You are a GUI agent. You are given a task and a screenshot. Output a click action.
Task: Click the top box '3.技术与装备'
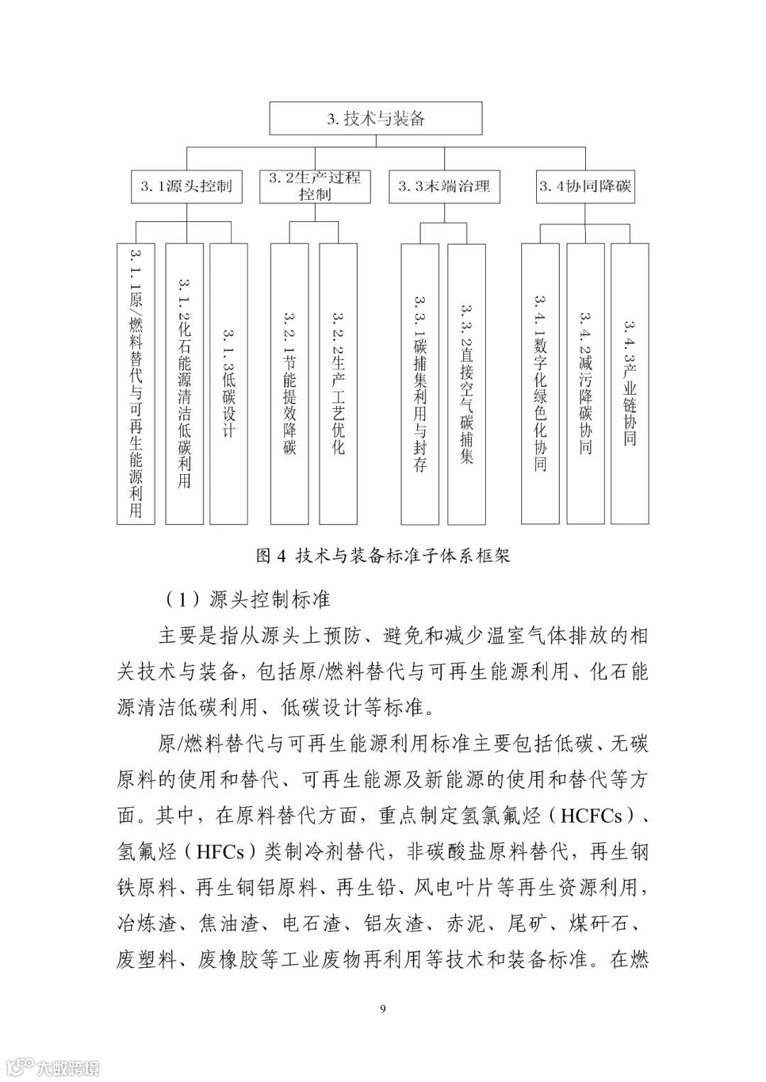tap(376, 118)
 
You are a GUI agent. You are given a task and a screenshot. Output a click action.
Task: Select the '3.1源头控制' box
tap(186, 187)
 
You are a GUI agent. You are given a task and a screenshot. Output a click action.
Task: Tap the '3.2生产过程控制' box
tap(315, 186)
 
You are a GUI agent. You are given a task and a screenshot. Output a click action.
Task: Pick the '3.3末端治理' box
tap(444, 187)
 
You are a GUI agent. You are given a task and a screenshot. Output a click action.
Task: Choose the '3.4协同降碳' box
tap(585, 187)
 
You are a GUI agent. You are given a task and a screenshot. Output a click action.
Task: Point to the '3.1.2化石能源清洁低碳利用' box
tap(184, 383)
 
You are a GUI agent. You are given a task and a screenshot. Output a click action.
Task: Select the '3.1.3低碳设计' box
tap(229, 383)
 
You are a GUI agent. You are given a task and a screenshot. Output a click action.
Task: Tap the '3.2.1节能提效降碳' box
tap(289, 383)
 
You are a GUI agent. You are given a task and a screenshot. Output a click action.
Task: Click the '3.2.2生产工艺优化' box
tap(338, 383)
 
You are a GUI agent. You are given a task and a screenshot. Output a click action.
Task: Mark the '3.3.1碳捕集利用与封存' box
tap(420, 383)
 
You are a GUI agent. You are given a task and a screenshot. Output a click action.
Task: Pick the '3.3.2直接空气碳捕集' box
tap(466, 383)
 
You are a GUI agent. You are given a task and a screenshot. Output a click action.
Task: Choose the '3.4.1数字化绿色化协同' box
tap(540, 383)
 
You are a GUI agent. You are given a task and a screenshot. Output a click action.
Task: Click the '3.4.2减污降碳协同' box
tap(585, 383)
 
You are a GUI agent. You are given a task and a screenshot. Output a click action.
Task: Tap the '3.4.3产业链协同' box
tap(630, 383)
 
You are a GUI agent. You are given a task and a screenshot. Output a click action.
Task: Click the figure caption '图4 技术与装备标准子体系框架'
tap(382, 556)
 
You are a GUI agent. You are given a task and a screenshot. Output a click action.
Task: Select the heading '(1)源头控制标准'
tap(248, 599)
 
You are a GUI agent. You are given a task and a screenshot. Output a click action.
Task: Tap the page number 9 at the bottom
tap(383, 1009)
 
